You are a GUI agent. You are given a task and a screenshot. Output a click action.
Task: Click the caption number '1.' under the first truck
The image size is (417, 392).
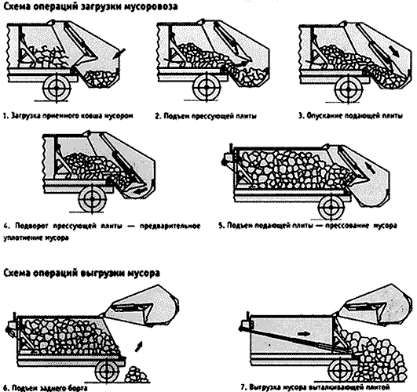pos(5,115)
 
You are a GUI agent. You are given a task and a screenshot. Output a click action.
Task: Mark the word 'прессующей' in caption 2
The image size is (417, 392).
pos(206,115)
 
